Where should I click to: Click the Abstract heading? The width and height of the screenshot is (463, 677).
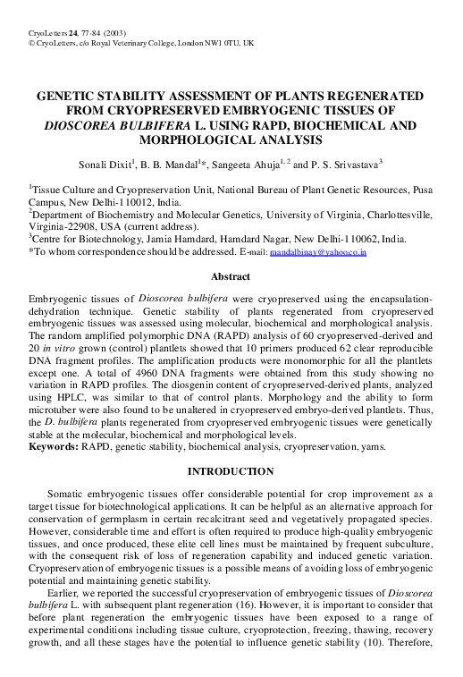[x=231, y=277]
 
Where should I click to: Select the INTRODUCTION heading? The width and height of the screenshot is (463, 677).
[x=231, y=471]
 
